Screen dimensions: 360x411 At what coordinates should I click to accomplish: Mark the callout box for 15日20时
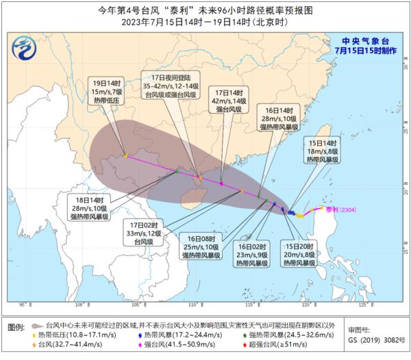tap(298, 253)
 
